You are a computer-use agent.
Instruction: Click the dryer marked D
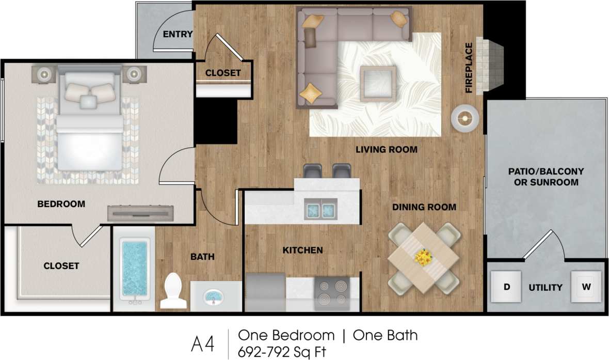coord(506,287)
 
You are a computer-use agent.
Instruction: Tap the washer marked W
coord(586,287)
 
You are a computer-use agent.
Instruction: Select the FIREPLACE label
coord(469,68)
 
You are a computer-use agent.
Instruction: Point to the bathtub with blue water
coord(135,268)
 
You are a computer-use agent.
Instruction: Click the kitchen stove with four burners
coord(332,293)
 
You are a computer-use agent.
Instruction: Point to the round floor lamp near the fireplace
coord(465,118)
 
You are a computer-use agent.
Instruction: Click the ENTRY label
coord(178,35)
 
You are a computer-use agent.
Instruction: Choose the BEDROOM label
coord(61,204)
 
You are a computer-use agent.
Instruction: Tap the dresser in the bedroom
coord(140,213)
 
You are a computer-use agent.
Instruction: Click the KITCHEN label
coord(302,251)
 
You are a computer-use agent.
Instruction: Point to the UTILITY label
coord(545,288)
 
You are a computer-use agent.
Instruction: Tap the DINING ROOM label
coord(424,207)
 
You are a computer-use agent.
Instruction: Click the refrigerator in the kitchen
coord(266,292)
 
